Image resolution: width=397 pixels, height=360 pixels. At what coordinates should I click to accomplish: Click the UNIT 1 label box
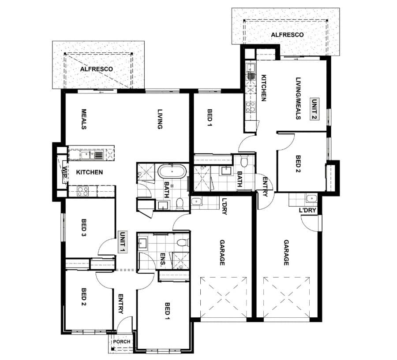click(x=123, y=241)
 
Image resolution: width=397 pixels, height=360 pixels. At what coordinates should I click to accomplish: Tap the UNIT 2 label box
click(x=315, y=109)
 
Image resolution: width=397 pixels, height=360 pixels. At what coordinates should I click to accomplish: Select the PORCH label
click(x=122, y=341)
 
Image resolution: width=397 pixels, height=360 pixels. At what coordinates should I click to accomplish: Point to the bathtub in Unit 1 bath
click(x=172, y=171)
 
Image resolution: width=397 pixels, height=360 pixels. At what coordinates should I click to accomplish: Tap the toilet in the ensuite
click(x=183, y=243)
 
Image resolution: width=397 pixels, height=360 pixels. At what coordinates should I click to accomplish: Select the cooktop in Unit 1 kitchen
click(x=83, y=192)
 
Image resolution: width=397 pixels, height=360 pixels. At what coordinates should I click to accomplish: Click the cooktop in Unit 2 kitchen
click(x=251, y=107)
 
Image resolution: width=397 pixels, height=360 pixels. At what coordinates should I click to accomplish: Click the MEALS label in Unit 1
click(x=84, y=119)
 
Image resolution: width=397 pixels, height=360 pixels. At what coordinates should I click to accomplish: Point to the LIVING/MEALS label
click(x=298, y=98)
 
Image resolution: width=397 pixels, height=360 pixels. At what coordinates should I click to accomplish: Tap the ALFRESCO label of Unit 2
click(x=287, y=35)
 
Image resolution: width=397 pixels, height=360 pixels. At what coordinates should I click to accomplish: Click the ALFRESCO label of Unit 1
click(x=97, y=69)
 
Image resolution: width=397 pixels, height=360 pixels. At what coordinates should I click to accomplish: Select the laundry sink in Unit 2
click(x=312, y=198)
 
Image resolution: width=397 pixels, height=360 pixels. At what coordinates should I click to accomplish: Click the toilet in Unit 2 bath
click(x=244, y=162)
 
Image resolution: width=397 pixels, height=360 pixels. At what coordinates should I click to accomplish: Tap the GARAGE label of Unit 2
click(x=286, y=252)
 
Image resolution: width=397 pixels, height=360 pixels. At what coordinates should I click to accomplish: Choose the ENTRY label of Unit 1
click(x=121, y=304)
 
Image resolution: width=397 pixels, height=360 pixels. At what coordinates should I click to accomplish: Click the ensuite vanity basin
click(x=142, y=243)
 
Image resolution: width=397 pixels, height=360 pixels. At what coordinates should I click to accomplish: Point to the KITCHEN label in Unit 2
click(x=264, y=88)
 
